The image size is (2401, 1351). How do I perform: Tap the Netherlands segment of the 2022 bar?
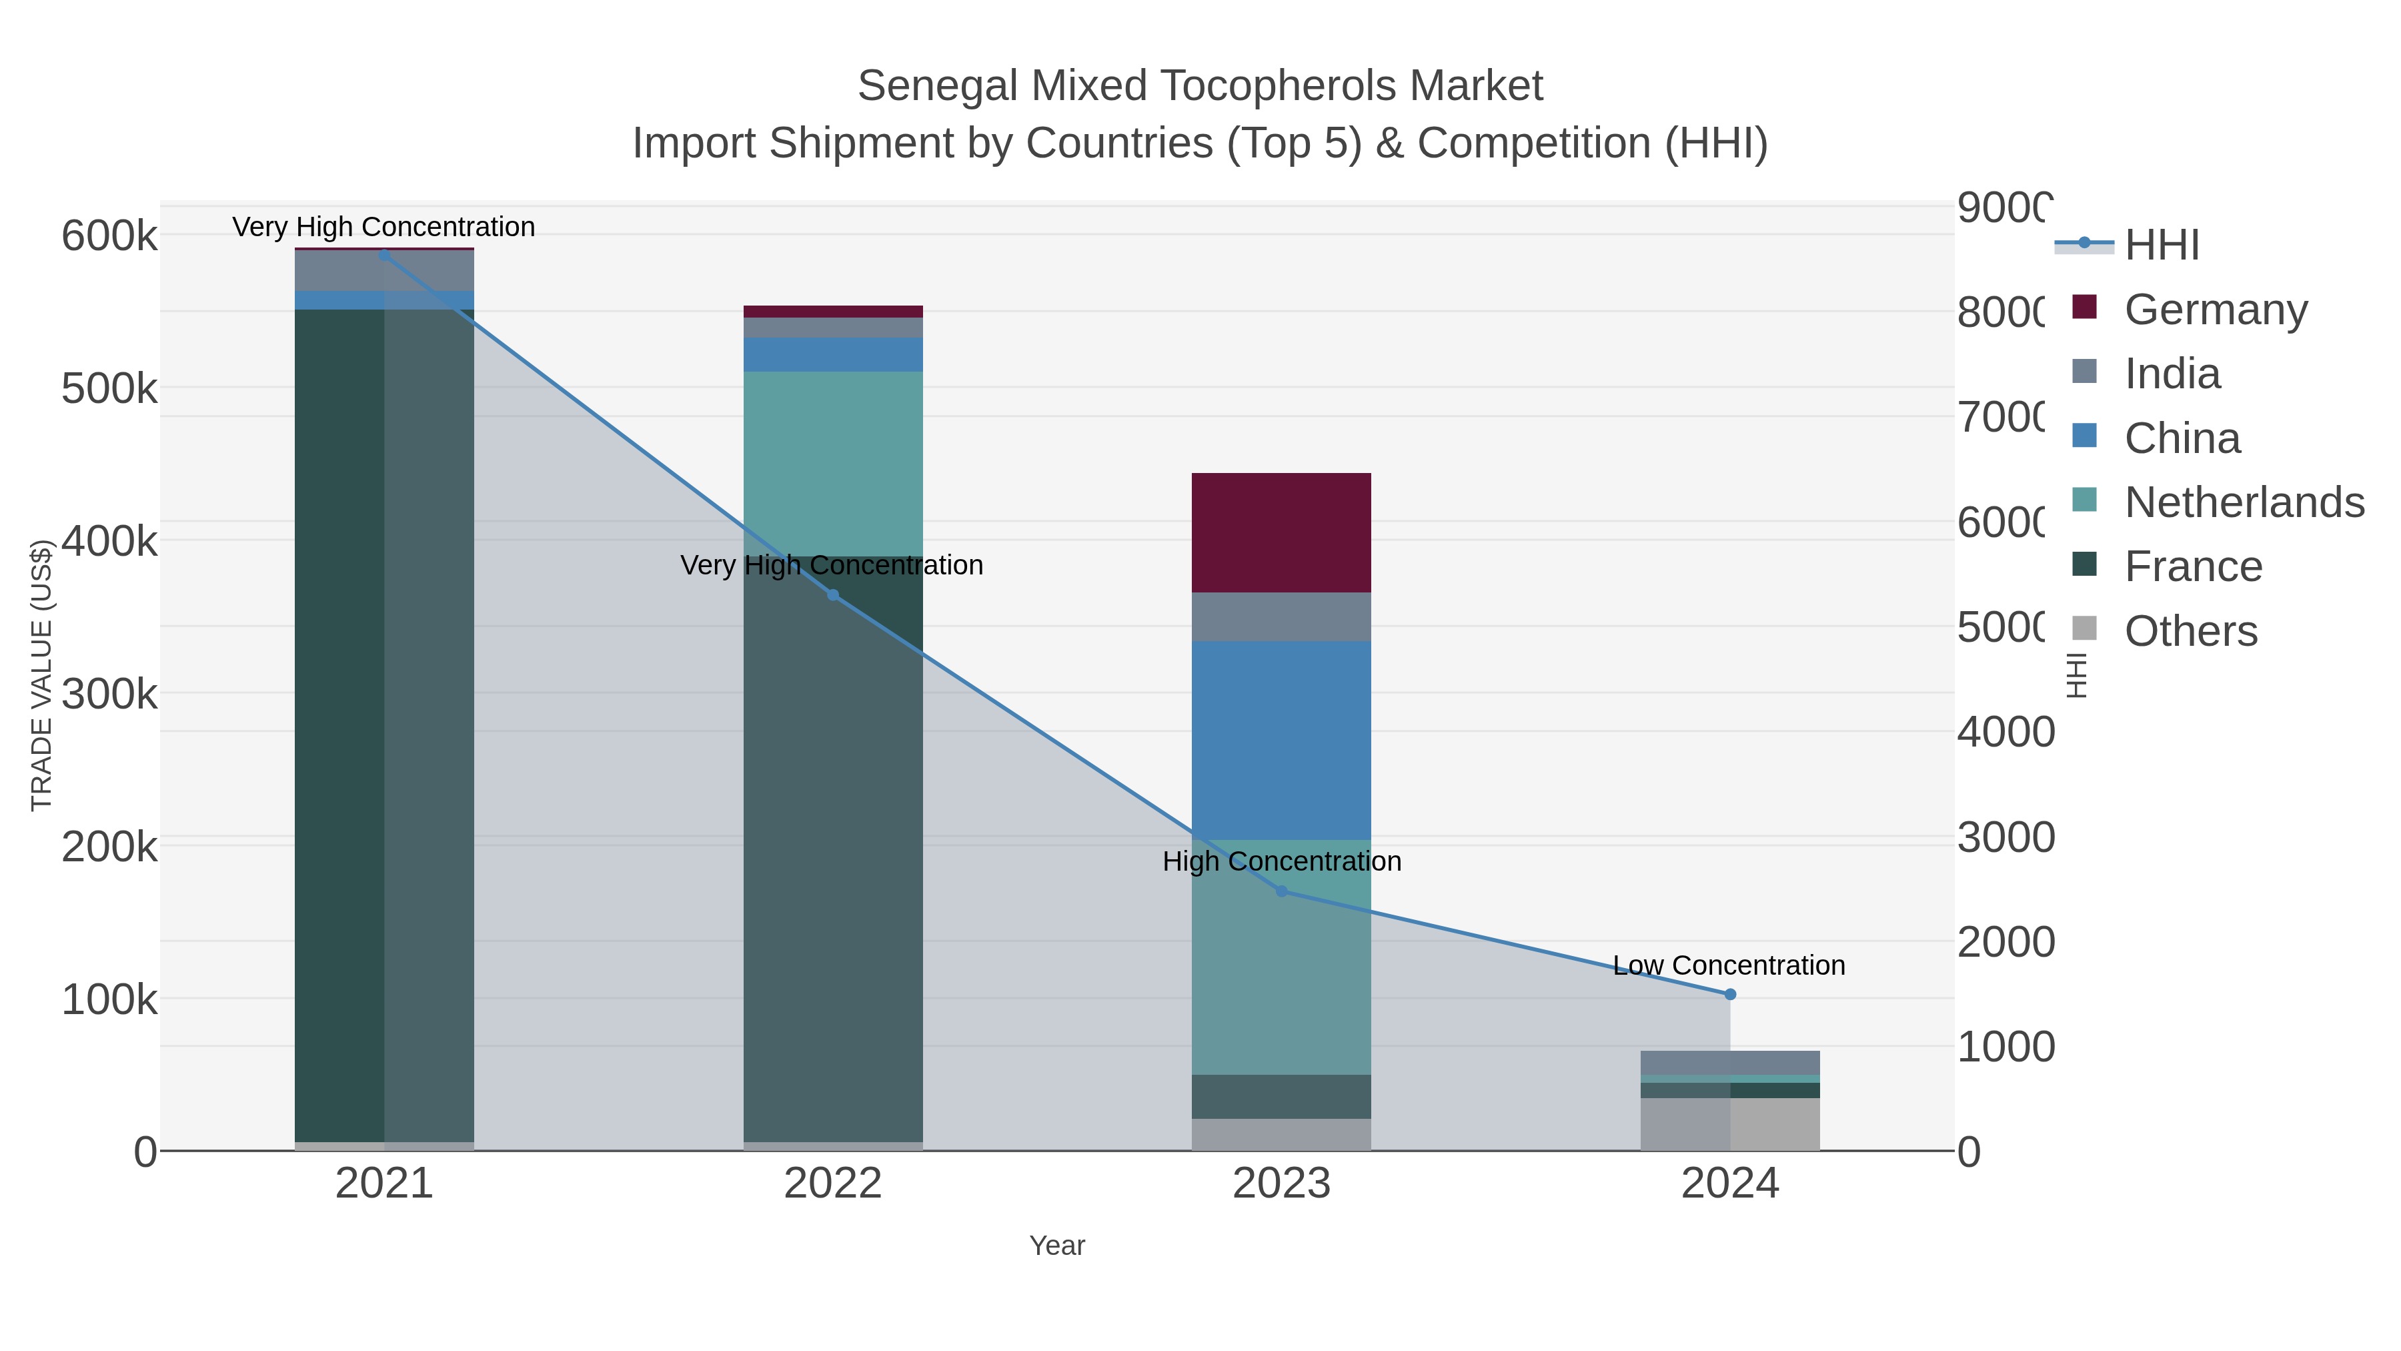(832, 464)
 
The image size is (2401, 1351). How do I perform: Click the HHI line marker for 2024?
(1730, 994)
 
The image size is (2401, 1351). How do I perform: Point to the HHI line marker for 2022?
(832, 595)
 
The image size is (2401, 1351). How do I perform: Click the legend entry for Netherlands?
(2244, 502)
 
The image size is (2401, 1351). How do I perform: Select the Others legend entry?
(2190, 630)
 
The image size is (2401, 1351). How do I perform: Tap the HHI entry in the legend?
(2162, 244)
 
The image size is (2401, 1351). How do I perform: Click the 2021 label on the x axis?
(384, 1183)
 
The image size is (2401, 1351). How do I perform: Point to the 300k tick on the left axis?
(109, 694)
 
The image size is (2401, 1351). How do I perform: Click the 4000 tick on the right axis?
(2004, 732)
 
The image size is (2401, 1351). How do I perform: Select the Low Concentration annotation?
(1729, 965)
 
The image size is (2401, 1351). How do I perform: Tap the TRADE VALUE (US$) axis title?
(41, 675)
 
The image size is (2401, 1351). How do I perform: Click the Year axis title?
(1057, 1245)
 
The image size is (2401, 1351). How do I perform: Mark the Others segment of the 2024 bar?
(1730, 1123)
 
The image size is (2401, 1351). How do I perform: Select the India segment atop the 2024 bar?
(1730, 1062)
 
